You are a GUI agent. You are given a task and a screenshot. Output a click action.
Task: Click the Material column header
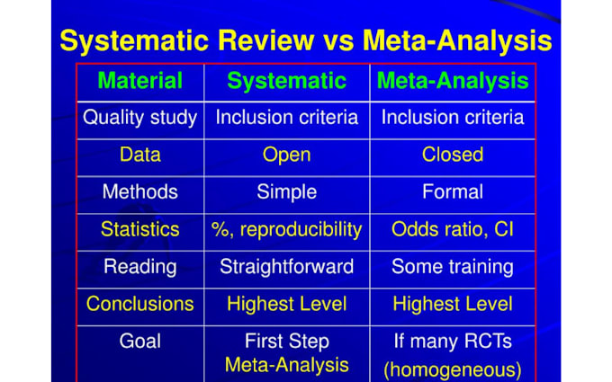[x=139, y=81]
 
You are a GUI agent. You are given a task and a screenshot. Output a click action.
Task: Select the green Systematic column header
[x=286, y=81]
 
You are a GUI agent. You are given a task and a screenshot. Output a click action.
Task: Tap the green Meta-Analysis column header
[x=453, y=81]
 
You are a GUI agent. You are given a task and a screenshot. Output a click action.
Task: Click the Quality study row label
[x=139, y=118]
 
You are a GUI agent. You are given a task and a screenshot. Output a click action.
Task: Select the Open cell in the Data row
[x=286, y=155]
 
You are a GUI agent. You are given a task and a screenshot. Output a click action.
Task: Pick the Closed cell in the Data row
[x=453, y=155]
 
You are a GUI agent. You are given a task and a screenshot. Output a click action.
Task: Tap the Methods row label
[x=139, y=191]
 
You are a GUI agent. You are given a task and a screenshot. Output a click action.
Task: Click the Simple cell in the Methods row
[x=286, y=191]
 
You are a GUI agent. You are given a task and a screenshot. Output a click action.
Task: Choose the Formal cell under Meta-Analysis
[x=453, y=191]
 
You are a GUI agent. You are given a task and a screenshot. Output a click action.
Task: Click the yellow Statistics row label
[x=139, y=229]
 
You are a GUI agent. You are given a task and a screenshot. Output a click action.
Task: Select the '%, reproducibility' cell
[x=286, y=229]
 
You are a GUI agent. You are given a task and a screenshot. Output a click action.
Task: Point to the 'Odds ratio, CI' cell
[x=453, y=229]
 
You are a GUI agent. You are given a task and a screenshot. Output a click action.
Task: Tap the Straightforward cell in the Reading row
[x=286, y=267]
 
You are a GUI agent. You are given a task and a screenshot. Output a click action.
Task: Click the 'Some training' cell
[x=453, y=267]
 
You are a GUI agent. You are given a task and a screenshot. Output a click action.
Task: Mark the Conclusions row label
[x=139, y=304]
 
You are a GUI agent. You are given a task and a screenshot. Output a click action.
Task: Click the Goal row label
[x=139, y=342]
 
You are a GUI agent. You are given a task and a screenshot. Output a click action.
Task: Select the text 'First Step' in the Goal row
[x=286, y=342]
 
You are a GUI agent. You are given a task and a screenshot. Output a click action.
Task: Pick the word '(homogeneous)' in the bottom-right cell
[x=453, y=369]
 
